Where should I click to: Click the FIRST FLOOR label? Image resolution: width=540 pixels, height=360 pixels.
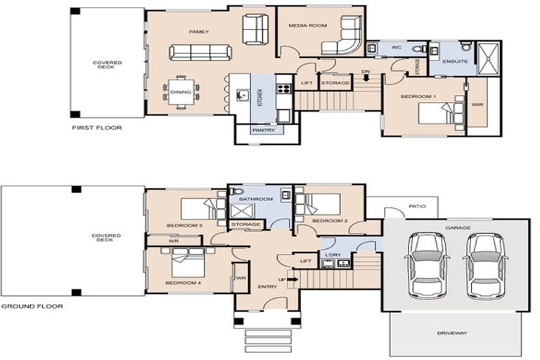click(x=96, y=128)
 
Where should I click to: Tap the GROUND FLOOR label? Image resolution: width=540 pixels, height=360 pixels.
click(x=32, y=307)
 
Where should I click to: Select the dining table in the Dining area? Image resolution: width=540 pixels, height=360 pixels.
click(x=181, y=92)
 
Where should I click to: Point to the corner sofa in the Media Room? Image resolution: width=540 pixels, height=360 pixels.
click(x=342, y=39)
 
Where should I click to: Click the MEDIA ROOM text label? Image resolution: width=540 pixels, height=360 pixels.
click(x=308, y=25)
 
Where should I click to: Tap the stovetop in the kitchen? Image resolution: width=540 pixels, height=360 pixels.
click(x=284, y=89)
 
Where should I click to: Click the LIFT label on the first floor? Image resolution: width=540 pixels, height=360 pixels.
click(x=307, y=83)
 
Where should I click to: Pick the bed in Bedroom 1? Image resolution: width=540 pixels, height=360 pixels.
click(x=440, y=112)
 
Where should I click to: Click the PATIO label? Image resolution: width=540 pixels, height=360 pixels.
click(x=416, y=207)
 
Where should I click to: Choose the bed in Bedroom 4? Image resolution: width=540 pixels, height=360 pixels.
click(x=186, y=265)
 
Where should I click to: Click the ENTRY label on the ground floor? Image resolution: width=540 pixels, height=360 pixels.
click(x=267, y=286)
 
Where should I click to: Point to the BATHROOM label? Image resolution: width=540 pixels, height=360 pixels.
click(x=255, y=199)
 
